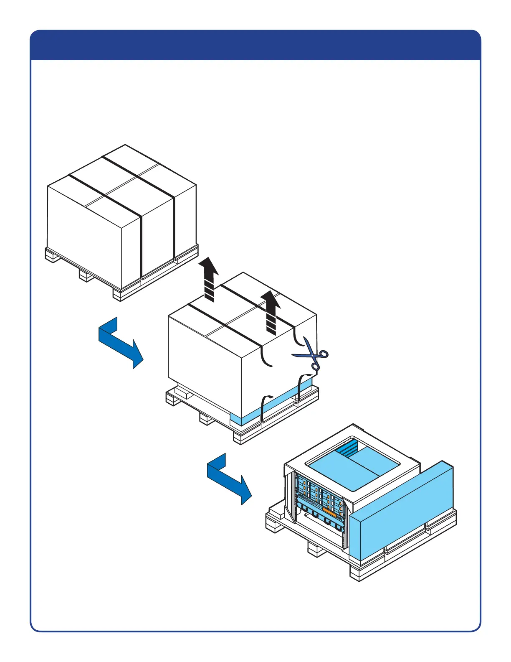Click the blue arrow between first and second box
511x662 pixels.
pyautogui.click(x=120, y=342)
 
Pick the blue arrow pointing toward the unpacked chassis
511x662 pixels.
pyautogui.click(x=229, y=478)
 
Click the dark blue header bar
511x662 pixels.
pyautogui.click(x=255, y=45)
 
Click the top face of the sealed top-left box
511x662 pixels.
pyautogui.click(x=121, y=180)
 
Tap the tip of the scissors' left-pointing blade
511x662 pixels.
pyautogui.click(x=293, y=356)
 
